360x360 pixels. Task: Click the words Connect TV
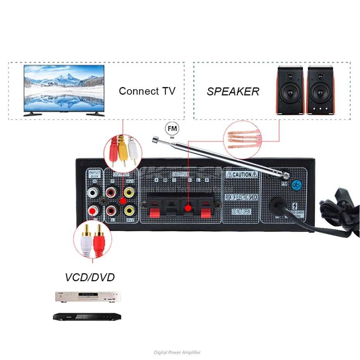pos(147,91)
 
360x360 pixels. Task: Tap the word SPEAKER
pos(233,92)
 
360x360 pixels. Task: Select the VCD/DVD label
pos(89,277)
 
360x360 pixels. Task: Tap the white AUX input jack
pos(93,192)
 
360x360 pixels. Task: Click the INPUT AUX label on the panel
pos(94,174)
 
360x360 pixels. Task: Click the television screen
pos(64,88)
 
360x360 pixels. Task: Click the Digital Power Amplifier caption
pos(177,352)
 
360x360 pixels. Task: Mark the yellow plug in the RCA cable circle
pos(123,150)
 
